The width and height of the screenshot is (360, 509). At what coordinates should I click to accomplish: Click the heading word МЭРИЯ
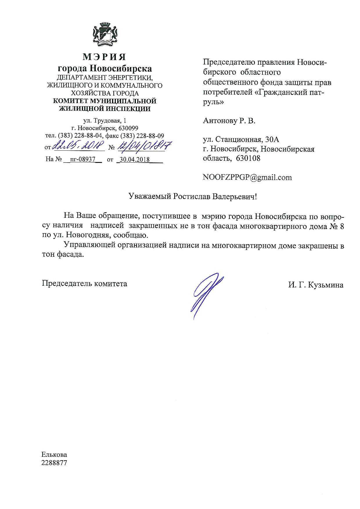105,57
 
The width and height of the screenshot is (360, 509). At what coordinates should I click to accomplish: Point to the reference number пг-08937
83,159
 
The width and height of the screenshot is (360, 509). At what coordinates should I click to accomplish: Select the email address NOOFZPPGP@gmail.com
247,177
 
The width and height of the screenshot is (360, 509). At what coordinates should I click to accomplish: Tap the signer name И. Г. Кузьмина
316,285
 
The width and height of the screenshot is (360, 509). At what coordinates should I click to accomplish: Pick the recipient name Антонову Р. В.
229,121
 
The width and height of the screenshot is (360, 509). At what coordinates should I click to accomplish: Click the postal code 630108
248,158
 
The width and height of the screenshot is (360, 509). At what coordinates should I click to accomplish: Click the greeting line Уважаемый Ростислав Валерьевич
193,196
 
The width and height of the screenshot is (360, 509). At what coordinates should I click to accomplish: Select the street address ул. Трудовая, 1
105,120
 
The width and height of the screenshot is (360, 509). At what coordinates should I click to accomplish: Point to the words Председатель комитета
84,283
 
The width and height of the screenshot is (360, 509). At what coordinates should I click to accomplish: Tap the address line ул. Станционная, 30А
241,140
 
